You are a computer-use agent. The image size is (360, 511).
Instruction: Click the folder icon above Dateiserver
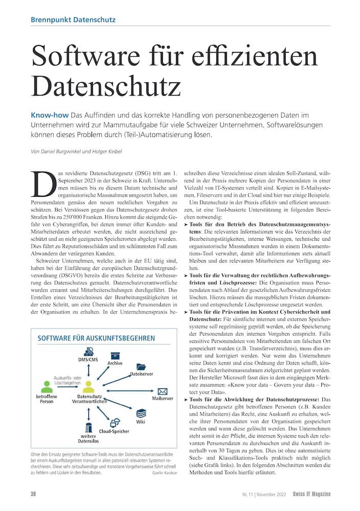click(x=141, y=366)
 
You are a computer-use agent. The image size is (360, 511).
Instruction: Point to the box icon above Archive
click(x=115, y=355)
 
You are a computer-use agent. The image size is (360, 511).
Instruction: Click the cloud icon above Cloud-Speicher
click(x=115, y=422)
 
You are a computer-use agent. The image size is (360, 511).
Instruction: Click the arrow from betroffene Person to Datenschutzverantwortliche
click(x=66, y=388)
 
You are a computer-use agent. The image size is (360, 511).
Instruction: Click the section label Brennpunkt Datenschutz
click(x=73, y=20)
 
